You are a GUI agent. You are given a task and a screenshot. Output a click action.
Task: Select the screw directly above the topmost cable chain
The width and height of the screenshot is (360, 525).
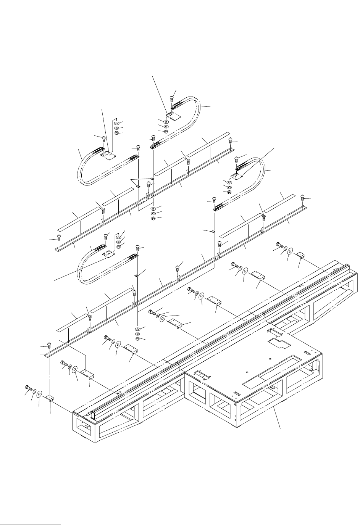coord(171,98)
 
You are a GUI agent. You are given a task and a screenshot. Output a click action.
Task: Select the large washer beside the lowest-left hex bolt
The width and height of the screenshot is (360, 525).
coord(39,394)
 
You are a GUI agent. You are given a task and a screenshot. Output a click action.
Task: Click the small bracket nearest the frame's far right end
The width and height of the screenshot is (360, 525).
coord(300,254)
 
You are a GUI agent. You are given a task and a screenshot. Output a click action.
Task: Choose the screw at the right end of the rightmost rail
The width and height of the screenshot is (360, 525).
coord(303,198)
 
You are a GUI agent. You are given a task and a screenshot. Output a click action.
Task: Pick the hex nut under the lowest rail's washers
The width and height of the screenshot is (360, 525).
coord(138,339)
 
